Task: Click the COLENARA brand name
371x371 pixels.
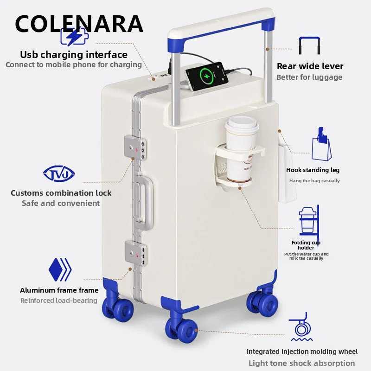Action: pyautogui.click(x=79, y=24)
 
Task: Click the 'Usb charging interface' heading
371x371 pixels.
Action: pyautogui.click(x=74, y=55)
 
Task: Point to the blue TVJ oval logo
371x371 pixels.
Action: pyautogui.click(x=59, y=174)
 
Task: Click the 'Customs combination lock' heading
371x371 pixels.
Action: pyautogui.click(x=61, y=193)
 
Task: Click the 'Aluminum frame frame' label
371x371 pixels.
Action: pyautogui.click(x=59, y=290)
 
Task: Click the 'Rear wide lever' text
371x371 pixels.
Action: pyautogui.click(x=310, y=66)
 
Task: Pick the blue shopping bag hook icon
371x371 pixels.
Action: pyautogui.click(x=322, y=144)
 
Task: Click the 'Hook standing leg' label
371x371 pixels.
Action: pyautogui.click(x=313, y=170)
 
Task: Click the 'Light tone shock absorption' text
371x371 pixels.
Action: pyautogui.click(x=301, y=363)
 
